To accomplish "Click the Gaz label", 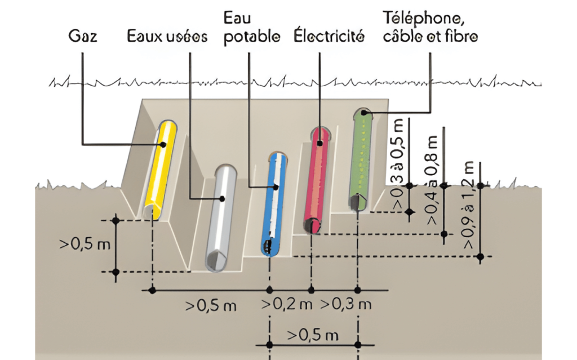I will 82,37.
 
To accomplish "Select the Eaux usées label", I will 167,37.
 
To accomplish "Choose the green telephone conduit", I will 361,158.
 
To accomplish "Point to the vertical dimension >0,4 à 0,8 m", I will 432,180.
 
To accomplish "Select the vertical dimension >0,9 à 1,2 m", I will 468,206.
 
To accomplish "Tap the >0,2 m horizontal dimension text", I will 287,305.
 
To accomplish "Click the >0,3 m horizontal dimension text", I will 346,305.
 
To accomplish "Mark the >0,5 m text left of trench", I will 85,245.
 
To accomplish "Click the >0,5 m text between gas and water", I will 211,306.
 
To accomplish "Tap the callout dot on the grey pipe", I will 223,198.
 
